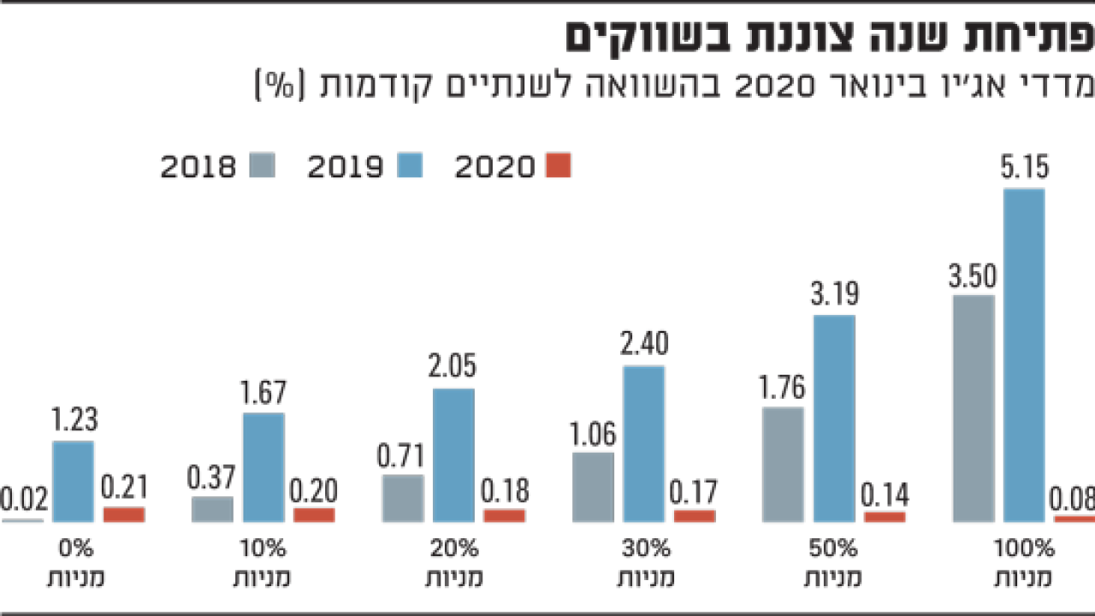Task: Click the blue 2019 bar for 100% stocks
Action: click(1024, 355)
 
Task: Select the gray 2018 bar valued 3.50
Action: click(973, 408)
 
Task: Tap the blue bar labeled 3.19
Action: click(834, 418)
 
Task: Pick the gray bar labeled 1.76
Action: click(783, 465)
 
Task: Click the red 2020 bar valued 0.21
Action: click(124, 514)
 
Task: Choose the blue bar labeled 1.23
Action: click(74, 482)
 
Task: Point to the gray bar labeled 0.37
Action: click(212, 510)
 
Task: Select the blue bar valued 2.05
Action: click(453, 455)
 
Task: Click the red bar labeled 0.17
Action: click(695, 516)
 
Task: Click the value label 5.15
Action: click(1024, 167)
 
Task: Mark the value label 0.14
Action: click(885, 495)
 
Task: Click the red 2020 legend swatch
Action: click(558, 165)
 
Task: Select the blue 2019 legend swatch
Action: click(410, 165)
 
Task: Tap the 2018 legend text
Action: click(198, 166)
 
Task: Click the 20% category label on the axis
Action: click(453, 548)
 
